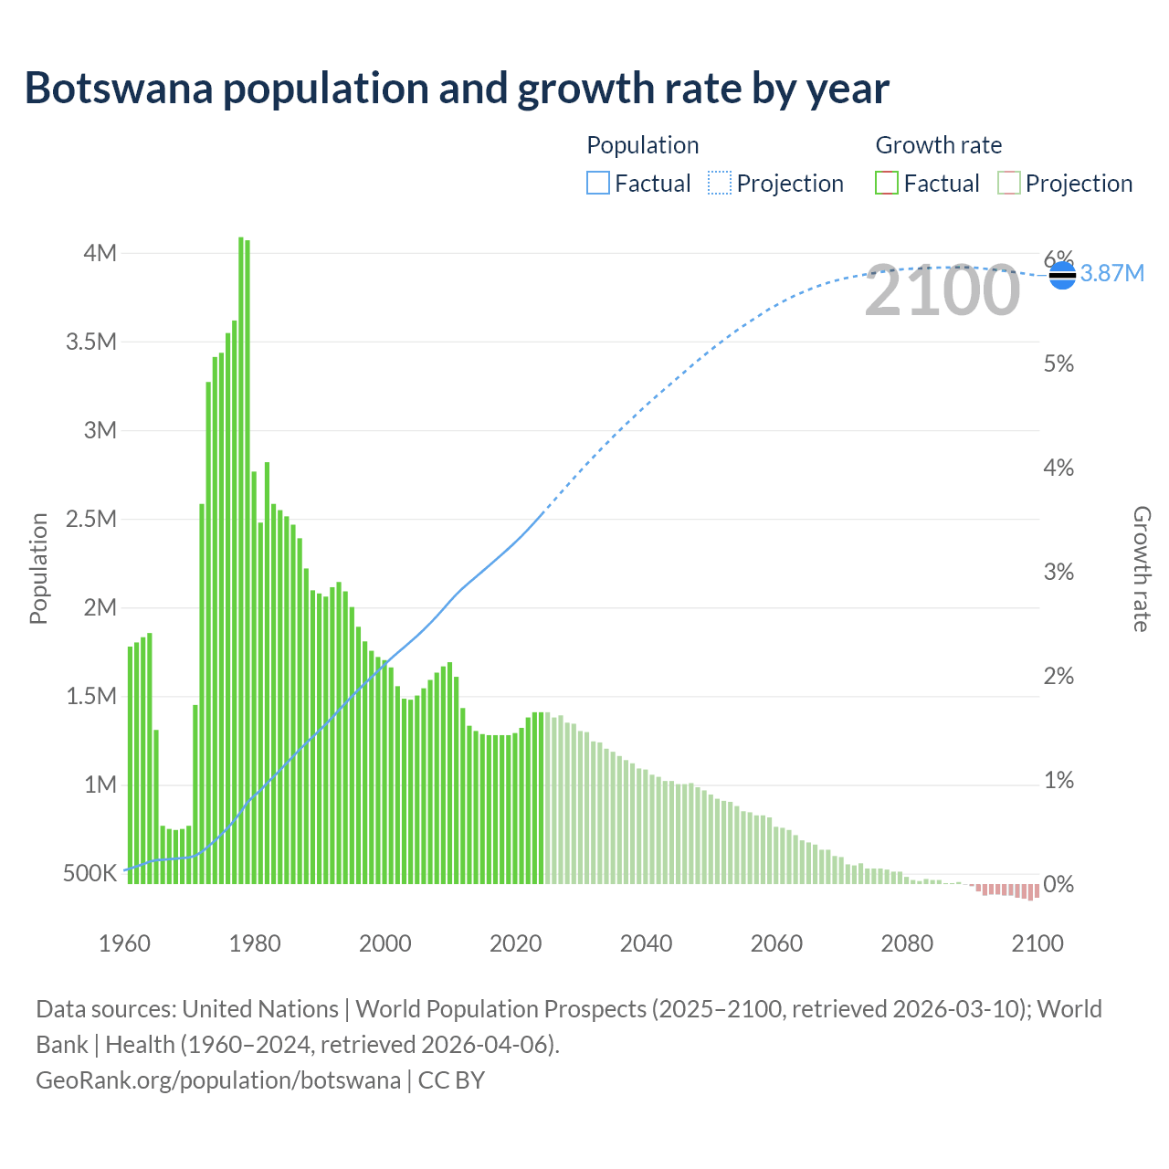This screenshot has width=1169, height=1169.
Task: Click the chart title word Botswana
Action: [121, 89]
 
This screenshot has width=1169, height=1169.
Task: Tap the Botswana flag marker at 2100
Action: [1062, 274]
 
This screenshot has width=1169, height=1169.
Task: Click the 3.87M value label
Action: [1112, 273]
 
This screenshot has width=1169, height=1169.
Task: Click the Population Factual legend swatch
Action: [597, 184]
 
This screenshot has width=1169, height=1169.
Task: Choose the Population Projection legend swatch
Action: [720, 184]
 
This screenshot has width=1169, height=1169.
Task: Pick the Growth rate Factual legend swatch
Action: [886, 184]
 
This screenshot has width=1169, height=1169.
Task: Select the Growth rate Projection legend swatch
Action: [1008, 184]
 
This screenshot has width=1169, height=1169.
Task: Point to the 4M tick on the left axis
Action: [100, 253]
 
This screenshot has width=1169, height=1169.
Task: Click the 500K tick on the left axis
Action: [90, 873]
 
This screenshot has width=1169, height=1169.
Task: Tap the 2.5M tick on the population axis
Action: [91, 519]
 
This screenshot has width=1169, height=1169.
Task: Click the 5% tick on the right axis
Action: [1058, 363]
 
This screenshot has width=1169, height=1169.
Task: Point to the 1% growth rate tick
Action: [1058, 780]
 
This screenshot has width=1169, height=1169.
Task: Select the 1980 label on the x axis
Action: [255, 943]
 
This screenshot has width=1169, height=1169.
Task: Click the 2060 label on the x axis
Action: [776, 943]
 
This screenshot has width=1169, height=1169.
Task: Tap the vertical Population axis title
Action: [38, 568]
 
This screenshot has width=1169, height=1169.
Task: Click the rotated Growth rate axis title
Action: [1141, 568]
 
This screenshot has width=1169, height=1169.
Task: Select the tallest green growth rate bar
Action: [241, 559]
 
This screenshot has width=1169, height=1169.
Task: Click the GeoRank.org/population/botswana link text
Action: [217, 1079]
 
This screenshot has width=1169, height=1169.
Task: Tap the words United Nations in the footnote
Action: [260, 1009]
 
